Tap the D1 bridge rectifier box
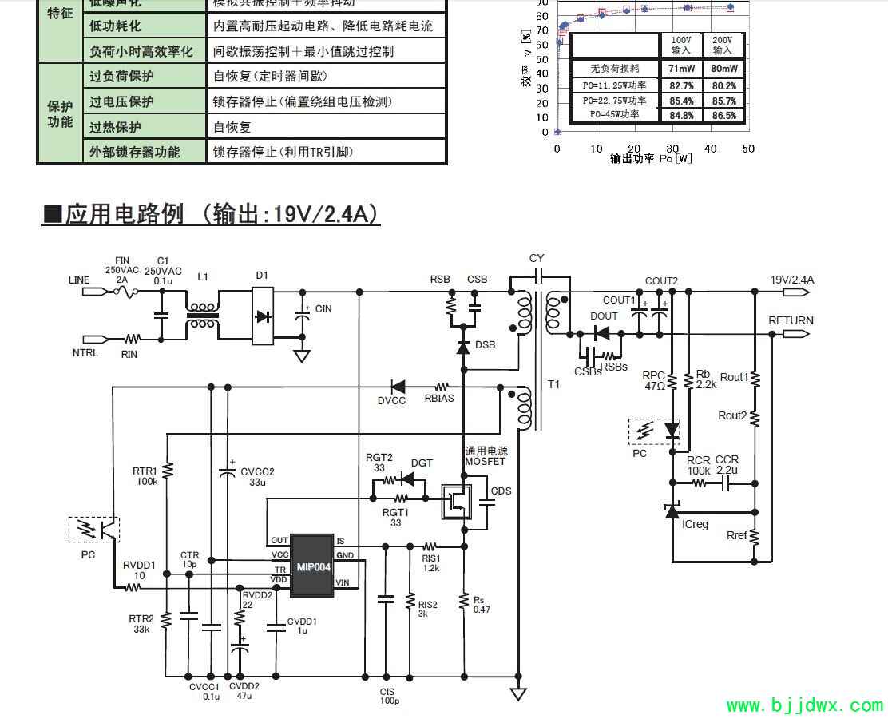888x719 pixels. pos(263,316)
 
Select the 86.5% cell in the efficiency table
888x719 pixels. pos(727,116)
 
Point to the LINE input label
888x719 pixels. pos(80,280)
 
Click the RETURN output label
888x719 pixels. pos(791,320)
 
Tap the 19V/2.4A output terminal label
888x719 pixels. pos(792,280)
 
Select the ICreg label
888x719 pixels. pos(695,524)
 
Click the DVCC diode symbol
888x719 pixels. pos(398,386)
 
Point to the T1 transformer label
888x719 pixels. pos(554,384)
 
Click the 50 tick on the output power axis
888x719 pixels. pos(748,149)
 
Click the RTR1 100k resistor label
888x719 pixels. pos(146,475)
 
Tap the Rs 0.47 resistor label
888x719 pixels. pos(481,604)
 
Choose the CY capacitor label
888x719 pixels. pos(537,258)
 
